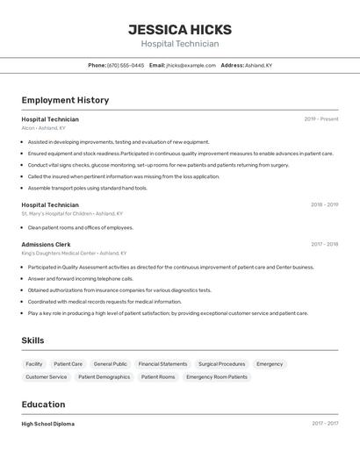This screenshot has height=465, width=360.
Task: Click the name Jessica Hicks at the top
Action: pyautogui.click(x=180, y=29)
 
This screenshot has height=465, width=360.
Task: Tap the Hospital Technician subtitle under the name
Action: pyautogui.click(x=180, y=44)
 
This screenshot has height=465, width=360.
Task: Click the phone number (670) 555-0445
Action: pyautogui.click(x=126, y=65)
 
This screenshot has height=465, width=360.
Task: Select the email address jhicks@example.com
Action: pyautogui.click(x=191, y=65)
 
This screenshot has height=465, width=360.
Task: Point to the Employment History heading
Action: pyautogui.click(x=65, y=100)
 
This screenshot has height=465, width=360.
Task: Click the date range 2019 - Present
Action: pyautogui.click(x=321, y=118)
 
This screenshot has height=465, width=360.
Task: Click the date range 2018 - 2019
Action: pyautogui.click(x=324, y=204)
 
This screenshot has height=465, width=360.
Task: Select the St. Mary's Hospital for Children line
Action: pyautogui.click(x=72, y=213)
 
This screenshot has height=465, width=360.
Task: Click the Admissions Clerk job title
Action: pyautogui.click(x=47, y=244)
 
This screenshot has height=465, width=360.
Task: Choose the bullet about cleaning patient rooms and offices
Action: pyautogui.click(x=80, y=227)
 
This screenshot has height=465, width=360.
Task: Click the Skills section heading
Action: pyautogui.click(x=32, y=340)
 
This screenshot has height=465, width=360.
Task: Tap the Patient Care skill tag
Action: pyautogui.click(x=68, y=363)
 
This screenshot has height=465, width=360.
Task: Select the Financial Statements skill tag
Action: pyautogui.click(x=162, y=363)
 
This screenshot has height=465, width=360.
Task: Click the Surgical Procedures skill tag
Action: pyautogui.click(x=221, y=363)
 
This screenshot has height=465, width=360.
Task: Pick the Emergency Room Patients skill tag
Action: pyautogui.click(x=217, y=376)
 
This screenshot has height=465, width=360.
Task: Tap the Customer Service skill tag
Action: pyautogui.click(x=46, y=376)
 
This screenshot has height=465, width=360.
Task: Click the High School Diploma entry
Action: pyautogui.click(x=48, y=424)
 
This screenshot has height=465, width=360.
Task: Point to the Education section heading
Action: pyautogui.click(x=43, y=404)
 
